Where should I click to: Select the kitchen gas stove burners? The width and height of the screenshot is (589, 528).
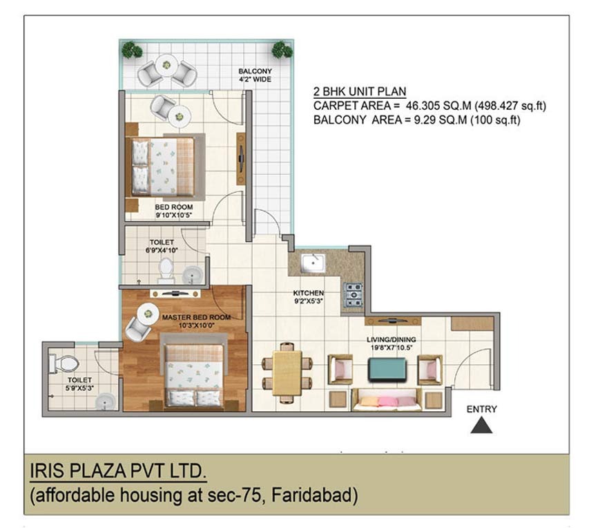pyautogui.click(x=354, y=294)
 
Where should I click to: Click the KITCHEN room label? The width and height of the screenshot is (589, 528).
pyautogui.click(x=307, y=292)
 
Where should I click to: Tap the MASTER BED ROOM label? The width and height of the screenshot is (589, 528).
pyautogui.click(x=196, y=317)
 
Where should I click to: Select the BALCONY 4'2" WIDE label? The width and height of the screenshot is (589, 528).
pyautogui.click(x=255, y=75)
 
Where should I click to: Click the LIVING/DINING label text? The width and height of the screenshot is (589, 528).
pyautogui.click(x=392, y=339)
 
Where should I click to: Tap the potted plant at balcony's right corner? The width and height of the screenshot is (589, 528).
pyautogui.click(x=281, y=50)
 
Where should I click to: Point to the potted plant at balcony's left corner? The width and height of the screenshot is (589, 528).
pyautogui.click(x=131, y=50)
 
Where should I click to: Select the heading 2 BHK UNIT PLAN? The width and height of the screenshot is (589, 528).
pyautogui.click(x=359, y=91)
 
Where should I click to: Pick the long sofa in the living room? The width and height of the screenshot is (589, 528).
pyautogui.click(x=387, y=399)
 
